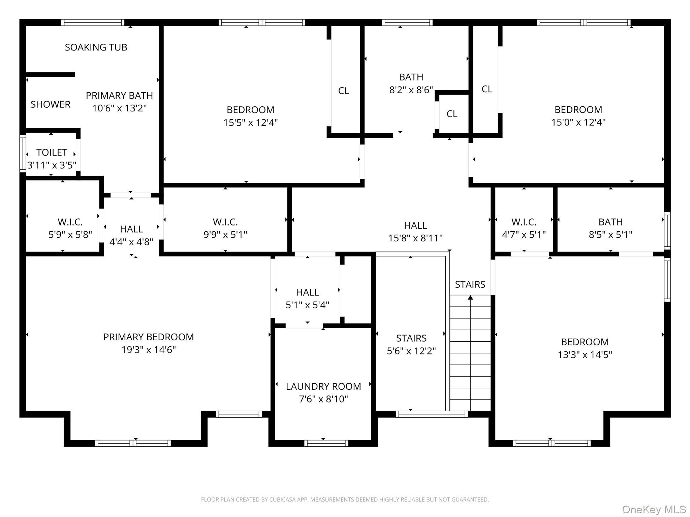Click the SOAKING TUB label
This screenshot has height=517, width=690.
tap(96, 47)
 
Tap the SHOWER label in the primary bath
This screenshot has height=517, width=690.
tap(51, 104)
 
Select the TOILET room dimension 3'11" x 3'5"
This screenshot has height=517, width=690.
tap(52, 165)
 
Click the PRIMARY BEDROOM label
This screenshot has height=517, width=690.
tap(148, 337)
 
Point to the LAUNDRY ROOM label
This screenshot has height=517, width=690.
tap(323, 386)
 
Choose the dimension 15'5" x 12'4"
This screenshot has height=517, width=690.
tap(250, 123)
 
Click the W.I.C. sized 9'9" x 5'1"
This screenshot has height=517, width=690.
tap(225, 228)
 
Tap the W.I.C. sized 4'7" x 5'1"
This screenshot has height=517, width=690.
tap(524, 228)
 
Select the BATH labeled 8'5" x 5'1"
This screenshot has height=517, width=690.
tap(610, 228)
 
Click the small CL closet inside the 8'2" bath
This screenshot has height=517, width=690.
tap(452, 114)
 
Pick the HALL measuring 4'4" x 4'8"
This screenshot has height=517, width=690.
tap(131, 235)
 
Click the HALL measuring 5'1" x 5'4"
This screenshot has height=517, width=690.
tap(307, 299)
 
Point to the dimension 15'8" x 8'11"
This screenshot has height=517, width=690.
tap(415, 238)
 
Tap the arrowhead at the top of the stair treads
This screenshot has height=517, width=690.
tap(470, 297)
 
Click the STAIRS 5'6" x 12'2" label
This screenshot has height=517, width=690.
tap(411, 344)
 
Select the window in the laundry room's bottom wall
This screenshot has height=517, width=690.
tap(326, 443)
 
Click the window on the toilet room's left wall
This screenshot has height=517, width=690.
tap(23, 153)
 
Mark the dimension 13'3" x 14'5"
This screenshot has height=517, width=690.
tap(585, 355)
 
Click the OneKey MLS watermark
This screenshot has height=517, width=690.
tap(654, 509)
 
